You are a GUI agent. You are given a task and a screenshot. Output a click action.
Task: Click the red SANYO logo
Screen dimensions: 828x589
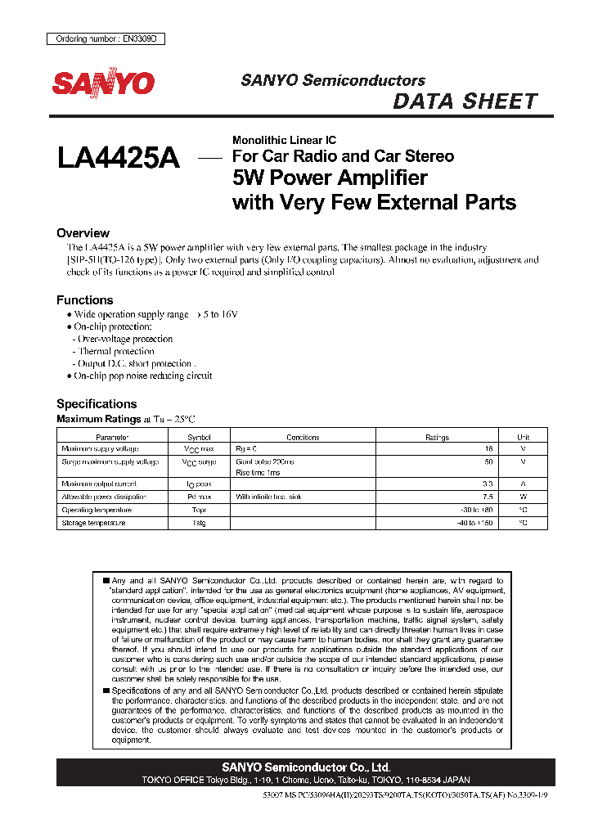click(103, 83)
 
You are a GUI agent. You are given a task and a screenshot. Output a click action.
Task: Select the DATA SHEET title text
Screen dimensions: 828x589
click(465, 101)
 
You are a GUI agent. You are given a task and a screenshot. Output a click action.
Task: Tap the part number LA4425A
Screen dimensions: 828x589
click(119, 158)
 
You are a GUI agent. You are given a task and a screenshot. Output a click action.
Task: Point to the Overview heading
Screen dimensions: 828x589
click(83, 233)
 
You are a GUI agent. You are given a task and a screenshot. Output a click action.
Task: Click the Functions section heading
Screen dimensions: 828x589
click(84, 300)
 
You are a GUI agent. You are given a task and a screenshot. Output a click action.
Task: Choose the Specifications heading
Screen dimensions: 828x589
click(97, 403)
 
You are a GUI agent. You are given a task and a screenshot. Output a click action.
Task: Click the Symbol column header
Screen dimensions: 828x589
click(199, 437)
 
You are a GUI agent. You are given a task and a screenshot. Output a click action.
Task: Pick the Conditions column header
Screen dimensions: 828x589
click(303, 437)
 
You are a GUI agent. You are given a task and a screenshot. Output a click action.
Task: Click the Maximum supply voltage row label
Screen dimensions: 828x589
click(100, 448)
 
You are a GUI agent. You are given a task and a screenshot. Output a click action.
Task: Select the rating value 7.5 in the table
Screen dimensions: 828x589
click(488, 497)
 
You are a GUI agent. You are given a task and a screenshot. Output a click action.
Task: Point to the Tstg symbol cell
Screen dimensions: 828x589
click(199, 522)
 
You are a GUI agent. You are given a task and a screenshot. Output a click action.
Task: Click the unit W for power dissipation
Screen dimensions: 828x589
click(524, 497)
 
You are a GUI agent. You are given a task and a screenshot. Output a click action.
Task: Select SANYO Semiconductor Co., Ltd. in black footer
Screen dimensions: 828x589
click(306, 767)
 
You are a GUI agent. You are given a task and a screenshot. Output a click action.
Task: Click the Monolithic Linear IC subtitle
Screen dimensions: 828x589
click(284, 140)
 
